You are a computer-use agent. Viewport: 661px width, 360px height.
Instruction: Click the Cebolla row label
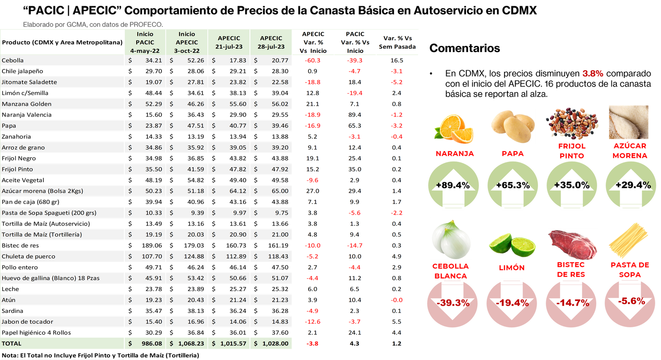point(13,60)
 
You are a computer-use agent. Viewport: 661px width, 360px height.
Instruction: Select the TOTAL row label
point(12,343)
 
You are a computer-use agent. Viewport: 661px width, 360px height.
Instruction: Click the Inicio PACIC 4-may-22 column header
point(145,43)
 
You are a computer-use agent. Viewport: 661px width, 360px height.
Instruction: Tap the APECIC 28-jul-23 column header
point(271,43)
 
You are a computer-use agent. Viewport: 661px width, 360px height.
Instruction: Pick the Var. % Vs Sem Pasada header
point(397,43)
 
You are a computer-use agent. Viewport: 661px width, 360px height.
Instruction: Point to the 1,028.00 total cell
point(271,343)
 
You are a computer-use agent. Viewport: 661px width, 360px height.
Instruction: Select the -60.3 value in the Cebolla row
point(312,60)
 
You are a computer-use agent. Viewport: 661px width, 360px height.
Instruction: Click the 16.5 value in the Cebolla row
point(397,60)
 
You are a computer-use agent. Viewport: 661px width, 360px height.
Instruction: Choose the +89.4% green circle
point(453,185)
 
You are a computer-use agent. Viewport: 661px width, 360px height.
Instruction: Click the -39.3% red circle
point(453,303)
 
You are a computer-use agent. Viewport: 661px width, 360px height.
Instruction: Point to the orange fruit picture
point(454,128)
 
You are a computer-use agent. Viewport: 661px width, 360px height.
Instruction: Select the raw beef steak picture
point(572,244)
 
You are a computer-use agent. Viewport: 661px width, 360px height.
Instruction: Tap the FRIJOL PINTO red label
point(572,151)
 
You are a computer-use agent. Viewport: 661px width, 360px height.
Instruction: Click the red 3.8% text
point(593,73)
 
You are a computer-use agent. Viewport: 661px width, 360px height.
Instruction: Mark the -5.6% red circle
point(631,301)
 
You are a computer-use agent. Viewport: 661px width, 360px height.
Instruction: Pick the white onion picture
point(451,239)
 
